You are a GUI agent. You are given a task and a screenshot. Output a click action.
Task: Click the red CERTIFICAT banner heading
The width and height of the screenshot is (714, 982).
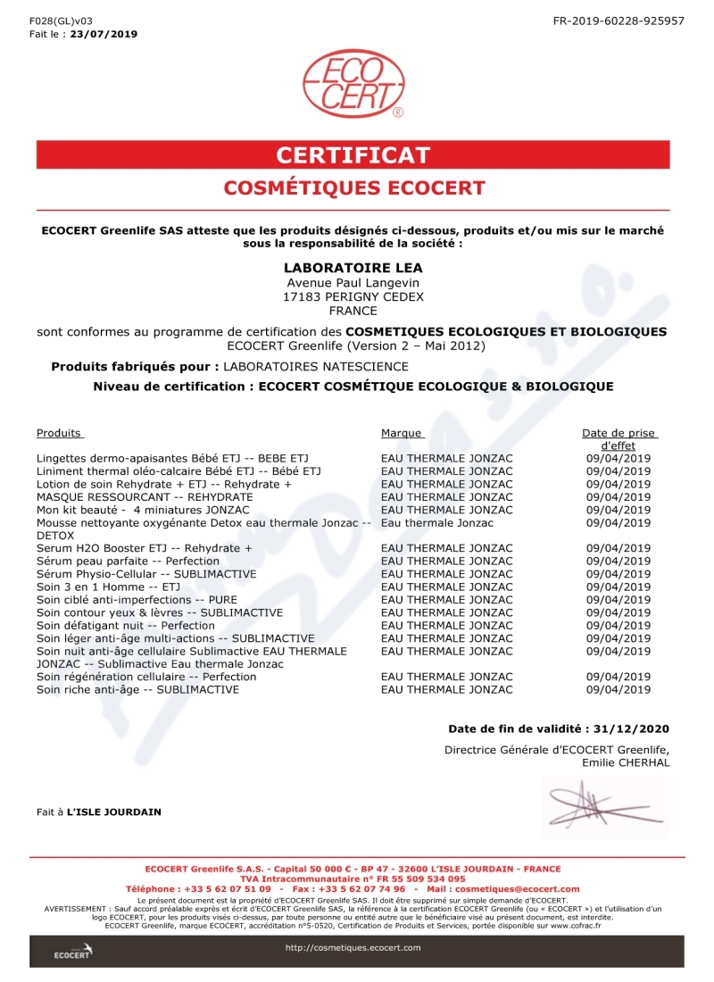tap(353, 154)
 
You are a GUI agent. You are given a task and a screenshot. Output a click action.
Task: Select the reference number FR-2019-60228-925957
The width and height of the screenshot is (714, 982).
tap(619, 20)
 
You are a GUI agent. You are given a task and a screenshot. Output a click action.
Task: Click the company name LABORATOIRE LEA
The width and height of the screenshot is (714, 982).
tap(353, 268)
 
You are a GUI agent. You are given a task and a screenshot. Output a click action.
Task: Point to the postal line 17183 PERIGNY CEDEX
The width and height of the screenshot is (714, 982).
tap(353, 296)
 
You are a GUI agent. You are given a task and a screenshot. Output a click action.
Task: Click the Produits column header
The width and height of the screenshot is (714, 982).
tap(59, 433)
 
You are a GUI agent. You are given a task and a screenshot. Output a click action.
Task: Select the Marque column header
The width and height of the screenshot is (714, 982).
tap(401, 433)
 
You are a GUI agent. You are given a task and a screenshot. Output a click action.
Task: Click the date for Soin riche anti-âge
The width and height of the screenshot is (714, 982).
tap(619, 689)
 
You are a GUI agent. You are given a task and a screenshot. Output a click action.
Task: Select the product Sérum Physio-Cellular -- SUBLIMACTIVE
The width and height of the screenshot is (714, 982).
tap(146, 574)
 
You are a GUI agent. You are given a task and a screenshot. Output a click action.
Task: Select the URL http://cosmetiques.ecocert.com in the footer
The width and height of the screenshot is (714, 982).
tap(353, 947)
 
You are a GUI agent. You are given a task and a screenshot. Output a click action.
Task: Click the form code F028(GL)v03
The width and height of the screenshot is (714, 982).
tap(61, 20)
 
